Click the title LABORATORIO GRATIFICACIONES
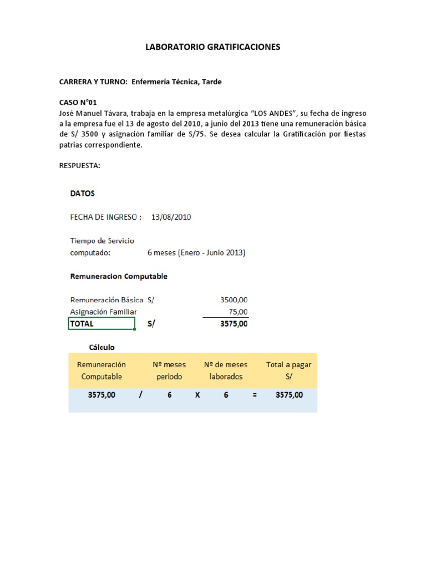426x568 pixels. tap(213, 47)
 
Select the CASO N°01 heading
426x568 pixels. tap(78, 103)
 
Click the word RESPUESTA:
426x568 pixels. tap(79, 165)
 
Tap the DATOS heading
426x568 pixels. tap(82, 194)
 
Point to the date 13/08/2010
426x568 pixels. tap(171, 217)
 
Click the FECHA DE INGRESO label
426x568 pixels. tap(105, 217)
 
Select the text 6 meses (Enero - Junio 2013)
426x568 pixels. tap(196, 253)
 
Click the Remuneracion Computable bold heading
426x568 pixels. tap(119, 276)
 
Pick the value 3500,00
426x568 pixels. tap(234, 300)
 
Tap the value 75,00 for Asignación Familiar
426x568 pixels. tap(239, 312)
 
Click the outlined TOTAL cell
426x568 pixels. tap(102, 324)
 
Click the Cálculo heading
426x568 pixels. tap(102, 347)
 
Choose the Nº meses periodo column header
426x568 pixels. tap(169, 371)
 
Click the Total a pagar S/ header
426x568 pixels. tap(288, 371)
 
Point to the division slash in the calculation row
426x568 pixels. tap(140, 395)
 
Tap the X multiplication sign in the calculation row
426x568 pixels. tap(197, 395)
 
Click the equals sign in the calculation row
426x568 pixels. tap(254, 395)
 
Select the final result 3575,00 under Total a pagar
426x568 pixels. tap(288, 395)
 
